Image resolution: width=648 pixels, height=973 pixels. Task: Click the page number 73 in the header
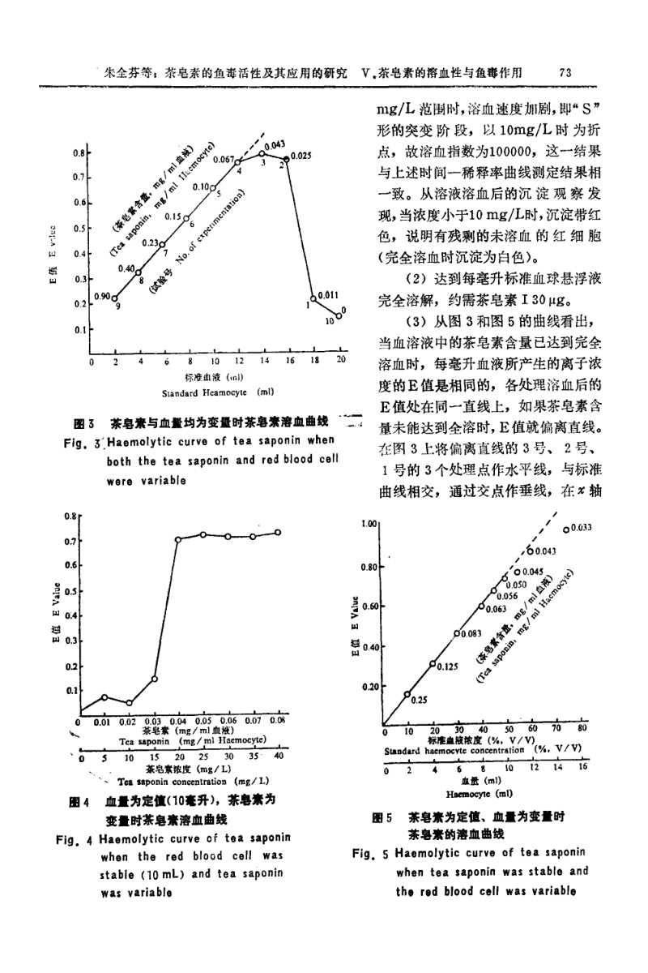click(x=566, y=72)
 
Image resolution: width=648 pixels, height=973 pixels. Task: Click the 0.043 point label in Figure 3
click(x=274, y=144)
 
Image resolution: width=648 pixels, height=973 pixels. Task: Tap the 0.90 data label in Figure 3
click(x=102, y=297)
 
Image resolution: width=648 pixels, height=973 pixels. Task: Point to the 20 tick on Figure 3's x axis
click(x=341, y=359)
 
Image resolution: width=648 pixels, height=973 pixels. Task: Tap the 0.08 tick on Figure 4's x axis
click(x=277, y=720)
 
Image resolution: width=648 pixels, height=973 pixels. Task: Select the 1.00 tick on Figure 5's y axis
click(x=371, y=525)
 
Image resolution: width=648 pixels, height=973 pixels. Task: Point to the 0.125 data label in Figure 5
click(x=450, y=667)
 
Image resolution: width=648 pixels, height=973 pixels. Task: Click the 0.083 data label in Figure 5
click(x=471, y=634)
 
